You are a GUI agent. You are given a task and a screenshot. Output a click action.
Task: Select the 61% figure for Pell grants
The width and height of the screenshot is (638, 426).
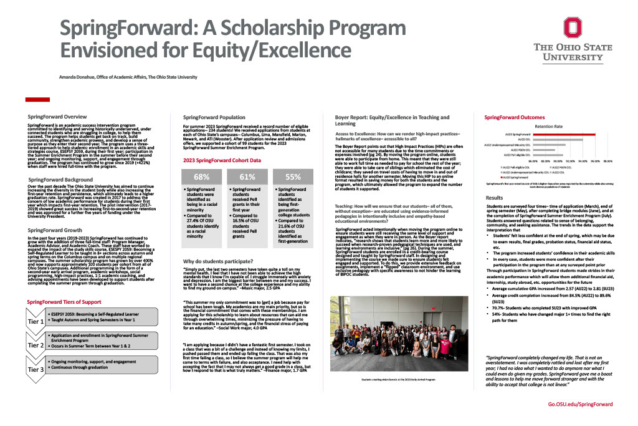click(x=247, y=177)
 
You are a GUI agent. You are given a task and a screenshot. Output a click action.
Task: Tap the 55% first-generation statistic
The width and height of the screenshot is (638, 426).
click(x=293, y=177)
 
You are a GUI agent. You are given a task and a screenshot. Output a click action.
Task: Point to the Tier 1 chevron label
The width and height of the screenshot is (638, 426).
click(x=36, y=322)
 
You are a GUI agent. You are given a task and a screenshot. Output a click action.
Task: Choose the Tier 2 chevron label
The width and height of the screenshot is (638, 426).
click(x=36, y=345)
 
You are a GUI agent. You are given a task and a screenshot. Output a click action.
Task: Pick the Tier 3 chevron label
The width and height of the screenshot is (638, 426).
click(x=36, y=369)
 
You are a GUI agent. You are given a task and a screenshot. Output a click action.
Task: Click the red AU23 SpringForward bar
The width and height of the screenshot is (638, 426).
click(x=563, y=134)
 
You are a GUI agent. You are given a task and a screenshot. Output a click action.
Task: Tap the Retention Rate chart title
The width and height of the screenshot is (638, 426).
click(x=548, y=126)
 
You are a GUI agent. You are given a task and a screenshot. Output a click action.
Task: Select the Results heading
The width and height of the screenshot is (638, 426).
click(x=495, y=197)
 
